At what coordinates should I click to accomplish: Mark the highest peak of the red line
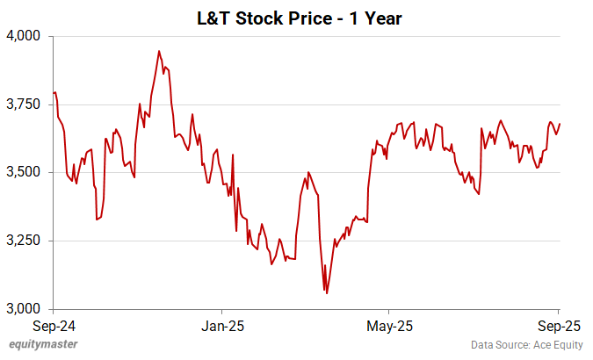(x=159, y=51)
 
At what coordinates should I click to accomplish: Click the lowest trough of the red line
(x=327, y=293)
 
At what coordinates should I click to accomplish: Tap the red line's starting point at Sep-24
(x=54, y=93)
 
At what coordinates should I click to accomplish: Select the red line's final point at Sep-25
(x=560, y=124)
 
